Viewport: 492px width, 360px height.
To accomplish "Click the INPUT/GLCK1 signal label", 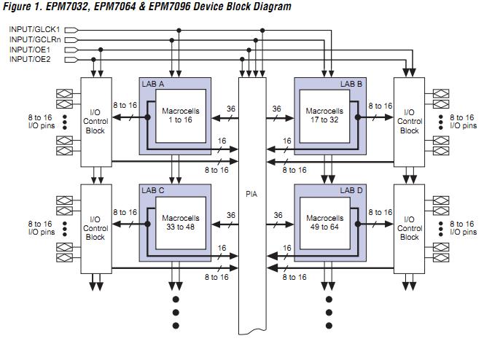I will [x=34, y=29].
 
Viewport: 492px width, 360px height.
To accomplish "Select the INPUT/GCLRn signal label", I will [x=35, y=39].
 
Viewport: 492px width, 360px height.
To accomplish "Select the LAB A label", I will [x=152, y=85].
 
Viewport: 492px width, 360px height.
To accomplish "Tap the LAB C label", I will [x=152, y=190].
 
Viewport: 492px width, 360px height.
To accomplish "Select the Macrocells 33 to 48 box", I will [x=179, y=222].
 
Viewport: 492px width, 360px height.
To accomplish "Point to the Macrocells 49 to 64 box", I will [x=324, y=222].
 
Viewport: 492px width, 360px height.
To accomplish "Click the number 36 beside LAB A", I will [x=230, y=109].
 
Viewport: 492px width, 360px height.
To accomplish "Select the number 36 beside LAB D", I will [x=277, y=215].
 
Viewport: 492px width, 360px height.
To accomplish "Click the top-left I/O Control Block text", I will [x=95, y=122].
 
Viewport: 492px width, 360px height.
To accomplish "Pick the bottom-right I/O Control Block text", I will [x=410, y=228].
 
